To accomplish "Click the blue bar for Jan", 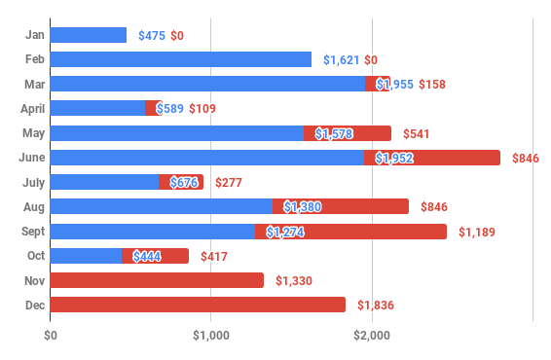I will [x=88, y=35].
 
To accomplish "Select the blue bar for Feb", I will [x=180, y=59].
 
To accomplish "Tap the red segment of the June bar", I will [x=432, y=158].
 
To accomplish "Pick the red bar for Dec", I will [x=198, y=305].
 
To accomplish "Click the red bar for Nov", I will [x=157, y=280].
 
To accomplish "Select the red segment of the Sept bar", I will [x=351, y=232].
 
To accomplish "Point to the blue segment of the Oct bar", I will [x=86, y=256].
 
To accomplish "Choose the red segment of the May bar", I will [x=348, y=133].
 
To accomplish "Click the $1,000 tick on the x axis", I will [x=211, y=336].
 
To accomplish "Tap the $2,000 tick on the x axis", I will [x=372, y=336].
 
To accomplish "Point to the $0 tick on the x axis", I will [x=51, y=336].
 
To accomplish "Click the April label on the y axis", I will [x=29, y=108].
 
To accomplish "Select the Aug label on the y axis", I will [x=33, y=206].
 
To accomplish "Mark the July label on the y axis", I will [x=32, y=182].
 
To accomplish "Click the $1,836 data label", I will [x=377, y=306].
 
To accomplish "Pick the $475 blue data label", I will [x=151, y=36].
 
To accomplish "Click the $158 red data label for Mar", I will [x=431, y=85].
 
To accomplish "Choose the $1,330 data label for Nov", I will [x=295, y=281].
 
